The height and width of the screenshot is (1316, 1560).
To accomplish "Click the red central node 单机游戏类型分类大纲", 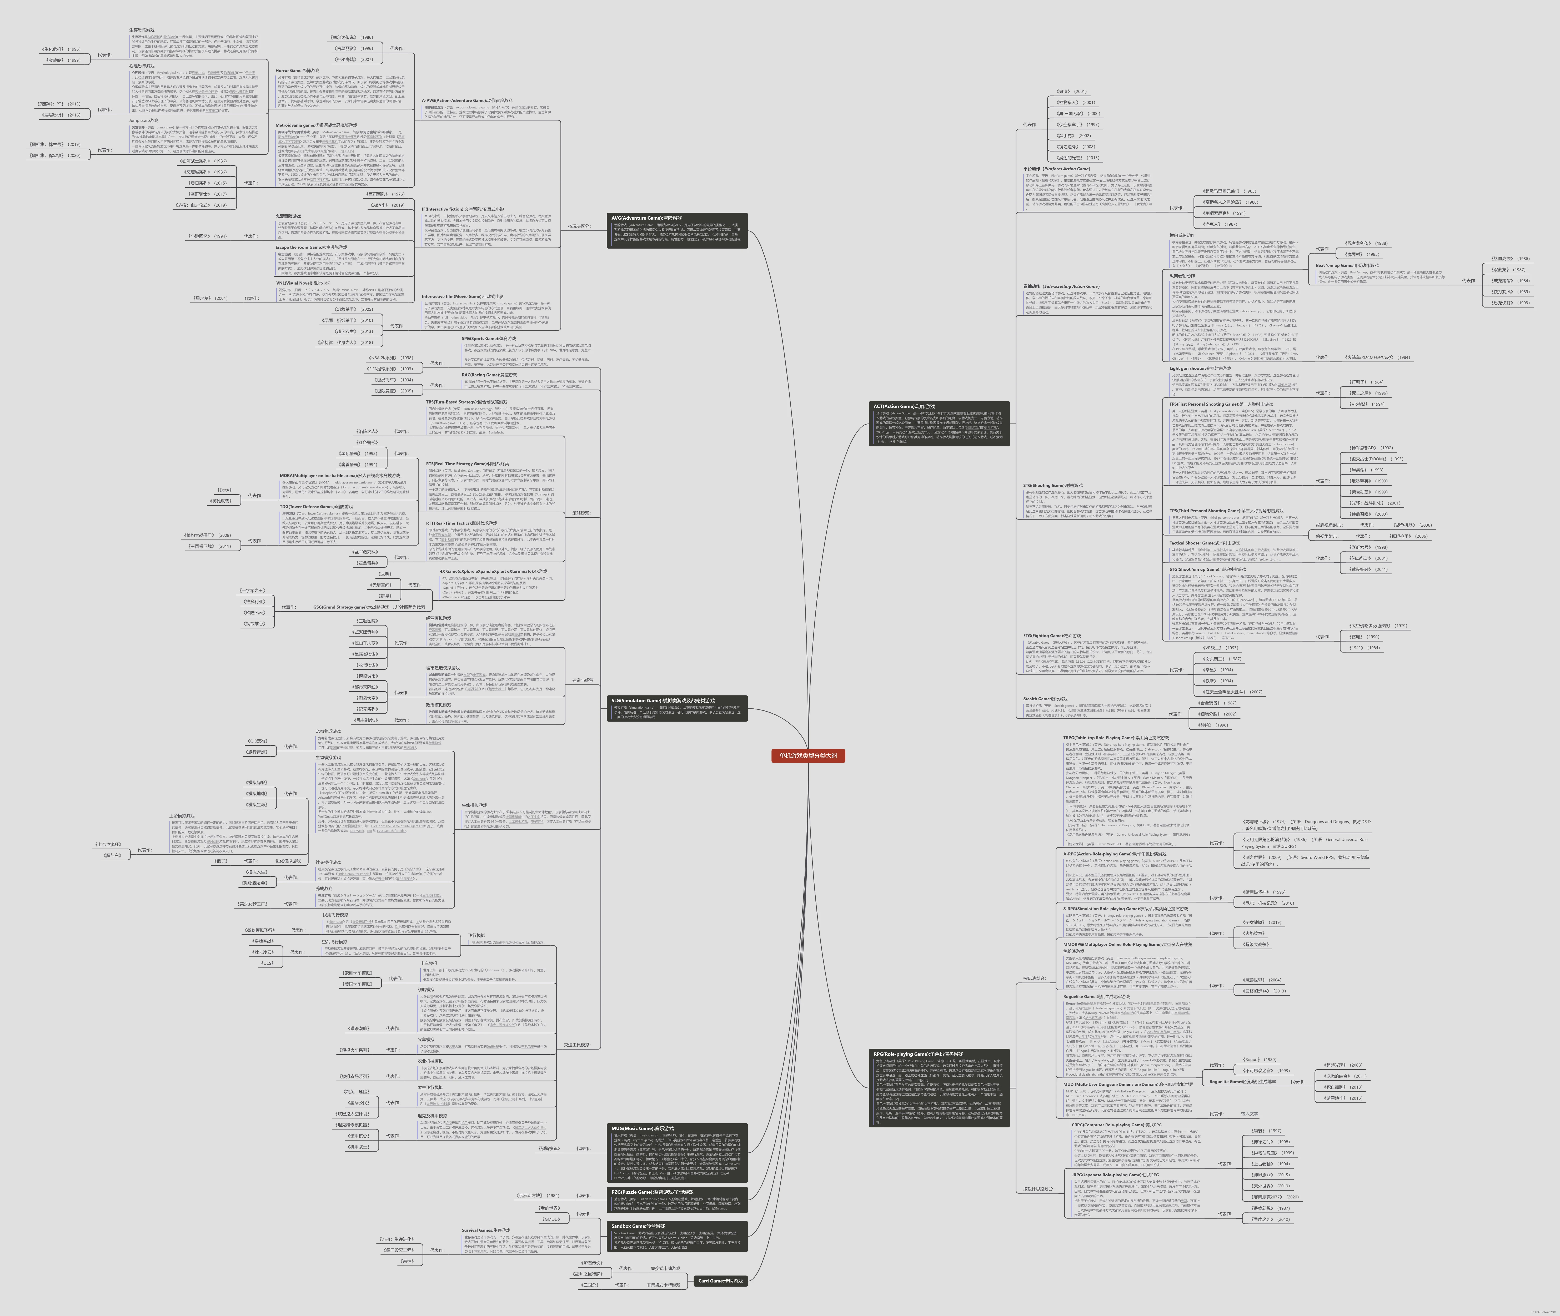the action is pos(808,756).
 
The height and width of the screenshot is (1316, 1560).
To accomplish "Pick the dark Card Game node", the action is pos(720,1281).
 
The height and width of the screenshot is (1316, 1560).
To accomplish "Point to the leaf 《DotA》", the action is pos(224,490).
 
